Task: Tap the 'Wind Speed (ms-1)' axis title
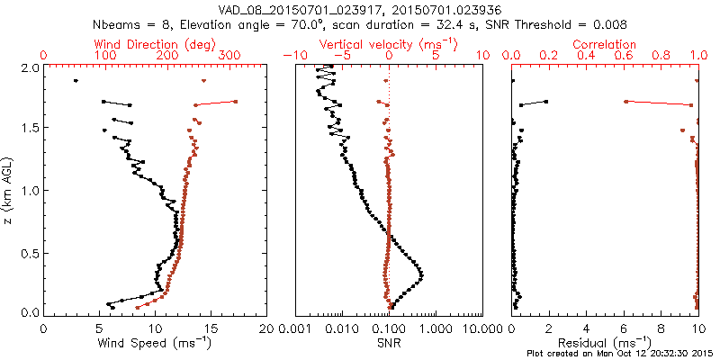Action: pos(157,343)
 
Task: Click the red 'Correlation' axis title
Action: pos(606,44)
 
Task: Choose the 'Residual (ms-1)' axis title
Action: pos(606,343)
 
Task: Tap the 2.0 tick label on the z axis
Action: pos(29,68)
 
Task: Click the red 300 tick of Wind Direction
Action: pos(229,56)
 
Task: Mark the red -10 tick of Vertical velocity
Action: pos(293,56)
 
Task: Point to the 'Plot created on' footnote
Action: pos(562,353)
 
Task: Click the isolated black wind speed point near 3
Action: pos(76,81)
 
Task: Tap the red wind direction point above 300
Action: pos(235,102)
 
